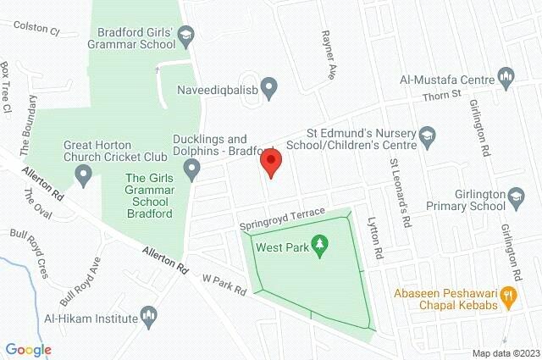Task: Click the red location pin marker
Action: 270,161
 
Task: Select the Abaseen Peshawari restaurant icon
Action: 509,296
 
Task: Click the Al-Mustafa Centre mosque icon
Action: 507,79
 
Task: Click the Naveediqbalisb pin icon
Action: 269,86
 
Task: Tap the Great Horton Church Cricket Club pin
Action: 83,175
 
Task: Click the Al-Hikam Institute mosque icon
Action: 150,318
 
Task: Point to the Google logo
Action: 28,349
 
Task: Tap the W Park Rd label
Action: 224,283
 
